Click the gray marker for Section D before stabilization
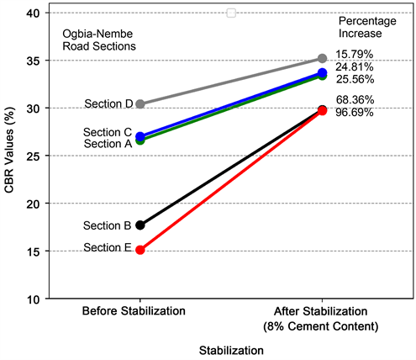(x=140, y=104)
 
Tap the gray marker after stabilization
(x=323, y=58)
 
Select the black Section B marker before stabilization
(x=140, y=225)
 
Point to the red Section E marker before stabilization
(x=140, y=250)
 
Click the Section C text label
(x=108, y=133)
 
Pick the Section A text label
(x=108, y=144)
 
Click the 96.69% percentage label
(x=355, y=112)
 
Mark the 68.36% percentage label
(x=355, y=100)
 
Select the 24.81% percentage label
(x=355, y=66)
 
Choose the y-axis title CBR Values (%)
(x=9, y=156)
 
